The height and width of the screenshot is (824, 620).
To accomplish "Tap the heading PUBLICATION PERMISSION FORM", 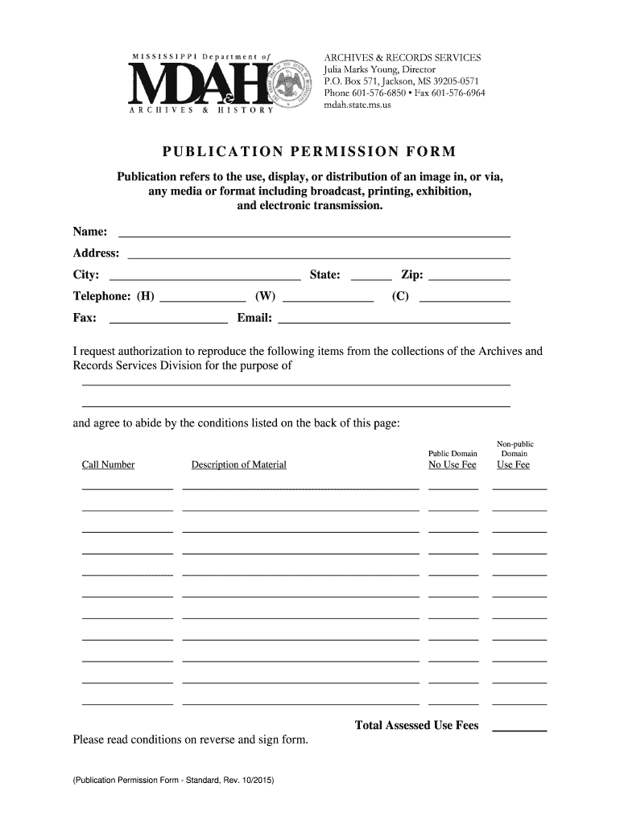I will [309, 152].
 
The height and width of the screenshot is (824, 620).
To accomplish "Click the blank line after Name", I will [314, 233].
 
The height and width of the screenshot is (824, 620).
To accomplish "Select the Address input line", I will [319, 253].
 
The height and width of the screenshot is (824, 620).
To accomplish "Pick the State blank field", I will [372, 274].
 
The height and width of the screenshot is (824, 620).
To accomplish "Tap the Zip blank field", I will [470, 274].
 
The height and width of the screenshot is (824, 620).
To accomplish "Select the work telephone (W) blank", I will [329, 296].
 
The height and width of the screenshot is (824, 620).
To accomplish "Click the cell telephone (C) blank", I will [465, 296].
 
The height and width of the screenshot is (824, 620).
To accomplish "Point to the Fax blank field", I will [168, 318].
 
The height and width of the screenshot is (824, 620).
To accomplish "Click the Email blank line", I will [394, 318].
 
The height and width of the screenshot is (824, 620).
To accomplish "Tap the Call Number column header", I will [108, 465].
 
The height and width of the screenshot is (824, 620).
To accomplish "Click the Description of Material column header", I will [238, 465].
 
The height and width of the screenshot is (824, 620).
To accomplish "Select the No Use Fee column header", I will [453, 465].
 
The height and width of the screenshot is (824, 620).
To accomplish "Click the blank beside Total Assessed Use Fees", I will [519, 727].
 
